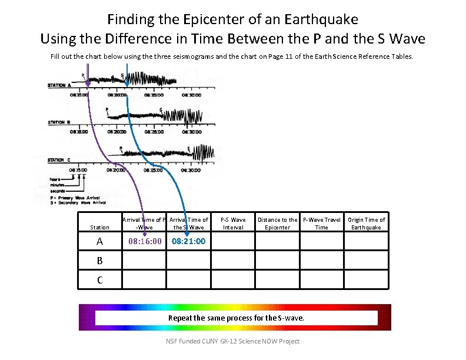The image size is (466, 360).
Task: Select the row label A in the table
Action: point(99,242)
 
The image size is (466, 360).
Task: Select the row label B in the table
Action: point(99,261)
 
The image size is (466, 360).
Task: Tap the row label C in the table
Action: point(99,280)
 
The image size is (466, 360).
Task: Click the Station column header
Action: point(99,227)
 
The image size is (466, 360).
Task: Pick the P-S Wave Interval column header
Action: point(233,224)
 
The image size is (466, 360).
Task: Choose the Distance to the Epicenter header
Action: point(277,224)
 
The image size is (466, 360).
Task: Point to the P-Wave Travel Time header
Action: point(321,224)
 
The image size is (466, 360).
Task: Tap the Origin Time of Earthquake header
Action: point(366,224)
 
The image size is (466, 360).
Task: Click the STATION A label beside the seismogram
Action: point(59,85)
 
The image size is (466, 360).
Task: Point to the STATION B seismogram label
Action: point(59,122)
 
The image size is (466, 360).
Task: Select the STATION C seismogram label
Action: point(59,160)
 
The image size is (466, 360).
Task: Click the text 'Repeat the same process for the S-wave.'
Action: point(236,318)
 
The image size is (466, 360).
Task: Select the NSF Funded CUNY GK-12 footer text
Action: point(232,341)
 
